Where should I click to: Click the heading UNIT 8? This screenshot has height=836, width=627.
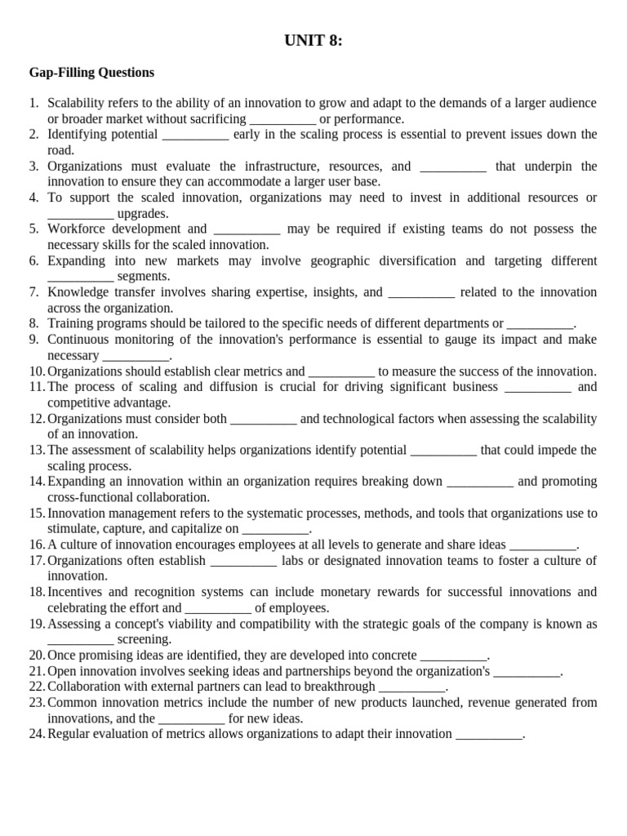click(313, 40)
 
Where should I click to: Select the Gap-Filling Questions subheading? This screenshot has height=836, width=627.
click(91, 73)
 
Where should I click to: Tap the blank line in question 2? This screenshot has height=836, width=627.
click(195, 135)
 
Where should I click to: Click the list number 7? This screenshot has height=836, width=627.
click(33, 292)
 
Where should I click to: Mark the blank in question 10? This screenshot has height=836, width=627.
click(341, 371)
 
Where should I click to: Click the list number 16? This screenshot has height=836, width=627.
click(36, 545)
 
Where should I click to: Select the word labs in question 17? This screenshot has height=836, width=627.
click(294, 561)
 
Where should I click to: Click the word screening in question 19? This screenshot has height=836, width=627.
click(144, 639)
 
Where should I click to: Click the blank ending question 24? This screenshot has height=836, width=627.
click(488, 734)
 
